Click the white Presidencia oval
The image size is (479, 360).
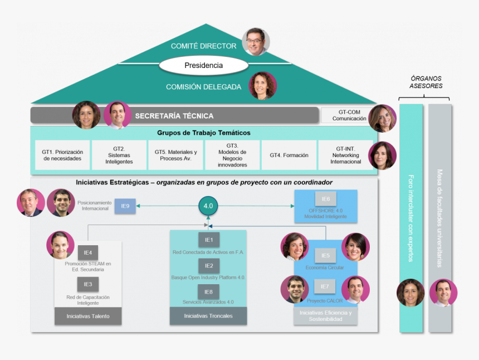click(203, 66)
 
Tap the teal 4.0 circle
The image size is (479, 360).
click(208, 206)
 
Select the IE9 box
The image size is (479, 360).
click(125, 206)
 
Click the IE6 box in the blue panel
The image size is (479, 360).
click(326, 199)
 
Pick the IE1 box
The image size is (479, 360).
click(208, 240)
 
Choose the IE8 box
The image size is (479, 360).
click(208, 291)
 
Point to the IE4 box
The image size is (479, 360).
click(88, 252)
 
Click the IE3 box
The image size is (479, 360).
click(88, 285)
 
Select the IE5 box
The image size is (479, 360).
click(325, 256)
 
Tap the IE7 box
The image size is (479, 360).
click(325, 287)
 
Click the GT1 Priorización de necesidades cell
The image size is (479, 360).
click(62, 155)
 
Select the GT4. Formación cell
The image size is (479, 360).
click(289, 155)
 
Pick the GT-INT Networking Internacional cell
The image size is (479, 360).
click(345, 155)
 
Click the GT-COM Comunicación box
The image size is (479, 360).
click(349, 115)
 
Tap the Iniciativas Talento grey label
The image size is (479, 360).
click(88, 316)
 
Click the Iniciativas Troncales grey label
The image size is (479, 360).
click(208, 316)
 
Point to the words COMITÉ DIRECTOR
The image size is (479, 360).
click(203, 46)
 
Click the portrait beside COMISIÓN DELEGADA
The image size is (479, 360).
click(263, 86)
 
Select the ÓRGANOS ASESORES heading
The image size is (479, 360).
click(426, 82)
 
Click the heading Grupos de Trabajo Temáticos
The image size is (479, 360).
click(203, 133)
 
